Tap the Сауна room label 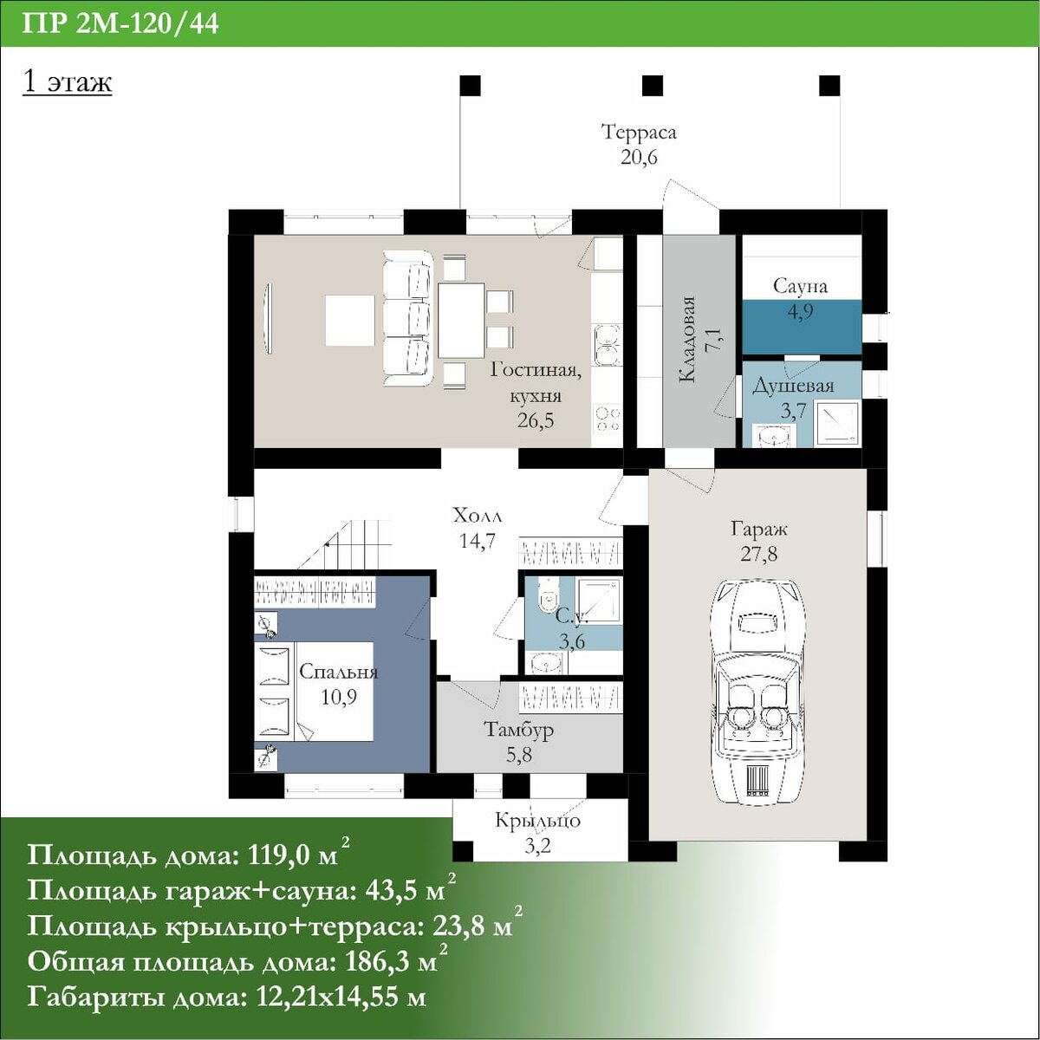coord(800,285)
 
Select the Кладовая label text coord(686,340)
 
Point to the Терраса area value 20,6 coord(639,158)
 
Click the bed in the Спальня coord(314,692)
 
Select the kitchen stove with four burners coord(608,419)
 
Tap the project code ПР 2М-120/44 coord(120,25)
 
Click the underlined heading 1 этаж coord(68,82)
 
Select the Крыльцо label coord(538,821)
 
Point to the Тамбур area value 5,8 coord(518,755)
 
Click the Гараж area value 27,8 coord(759,554)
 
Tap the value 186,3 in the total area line coord(389,962)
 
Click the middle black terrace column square coord(652,86)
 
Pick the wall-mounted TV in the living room coord(268,319)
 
